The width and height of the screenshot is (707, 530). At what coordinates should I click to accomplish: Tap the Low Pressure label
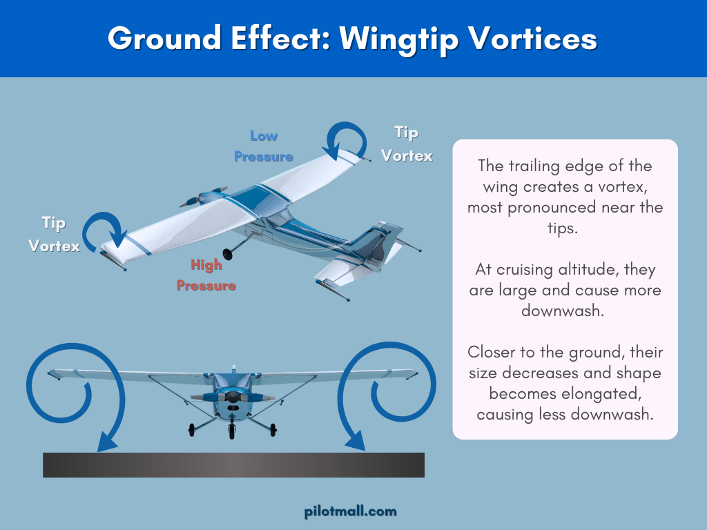(x=263, y=146)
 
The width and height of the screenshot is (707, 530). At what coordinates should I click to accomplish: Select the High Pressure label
(x=206, y=275)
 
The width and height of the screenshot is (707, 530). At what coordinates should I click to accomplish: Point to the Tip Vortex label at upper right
(x=407, y=144)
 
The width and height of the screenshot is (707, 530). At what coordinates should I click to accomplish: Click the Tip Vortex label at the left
(x=54, y=234)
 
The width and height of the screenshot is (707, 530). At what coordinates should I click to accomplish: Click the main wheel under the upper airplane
(x=228, y=253)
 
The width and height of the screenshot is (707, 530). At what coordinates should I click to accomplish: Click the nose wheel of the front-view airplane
(x=231, y=431)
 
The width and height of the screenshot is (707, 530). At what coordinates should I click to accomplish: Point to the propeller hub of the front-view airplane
(x=232, y=398)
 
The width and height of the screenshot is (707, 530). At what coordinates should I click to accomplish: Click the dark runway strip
(x=233, y=464)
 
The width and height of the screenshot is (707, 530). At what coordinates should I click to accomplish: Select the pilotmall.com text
(x=351, y=511)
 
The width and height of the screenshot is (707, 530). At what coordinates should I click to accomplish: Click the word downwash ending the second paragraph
(x=563, y=311)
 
